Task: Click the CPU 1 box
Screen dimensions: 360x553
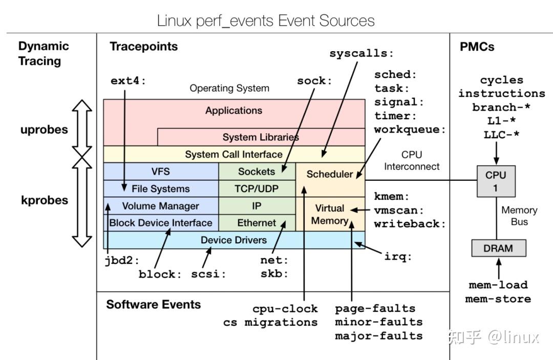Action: (495, 181)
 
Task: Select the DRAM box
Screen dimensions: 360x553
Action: (498, 248)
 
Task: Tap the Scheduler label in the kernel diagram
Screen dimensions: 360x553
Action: (330, 174)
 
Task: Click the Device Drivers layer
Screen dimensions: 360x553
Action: (233, 240)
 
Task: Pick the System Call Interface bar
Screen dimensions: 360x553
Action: (233, 154)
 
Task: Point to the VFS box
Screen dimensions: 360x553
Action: (160, 172)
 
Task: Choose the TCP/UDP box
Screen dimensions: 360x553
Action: (257, 188)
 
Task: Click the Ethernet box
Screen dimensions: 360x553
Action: (257, 223)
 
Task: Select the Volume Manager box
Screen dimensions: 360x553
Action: (160, 206)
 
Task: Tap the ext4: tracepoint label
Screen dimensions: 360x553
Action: (129, 81)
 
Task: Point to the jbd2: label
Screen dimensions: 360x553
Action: (122, 260)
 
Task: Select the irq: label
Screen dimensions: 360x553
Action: (398, 257)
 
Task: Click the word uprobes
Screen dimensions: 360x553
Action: (44, 130)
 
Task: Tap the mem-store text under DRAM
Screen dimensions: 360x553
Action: (498, 299)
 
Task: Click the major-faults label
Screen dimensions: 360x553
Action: (378, 336)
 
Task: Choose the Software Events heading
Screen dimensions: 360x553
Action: (153, 305)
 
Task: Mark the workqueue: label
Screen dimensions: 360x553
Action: (410, 130)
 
